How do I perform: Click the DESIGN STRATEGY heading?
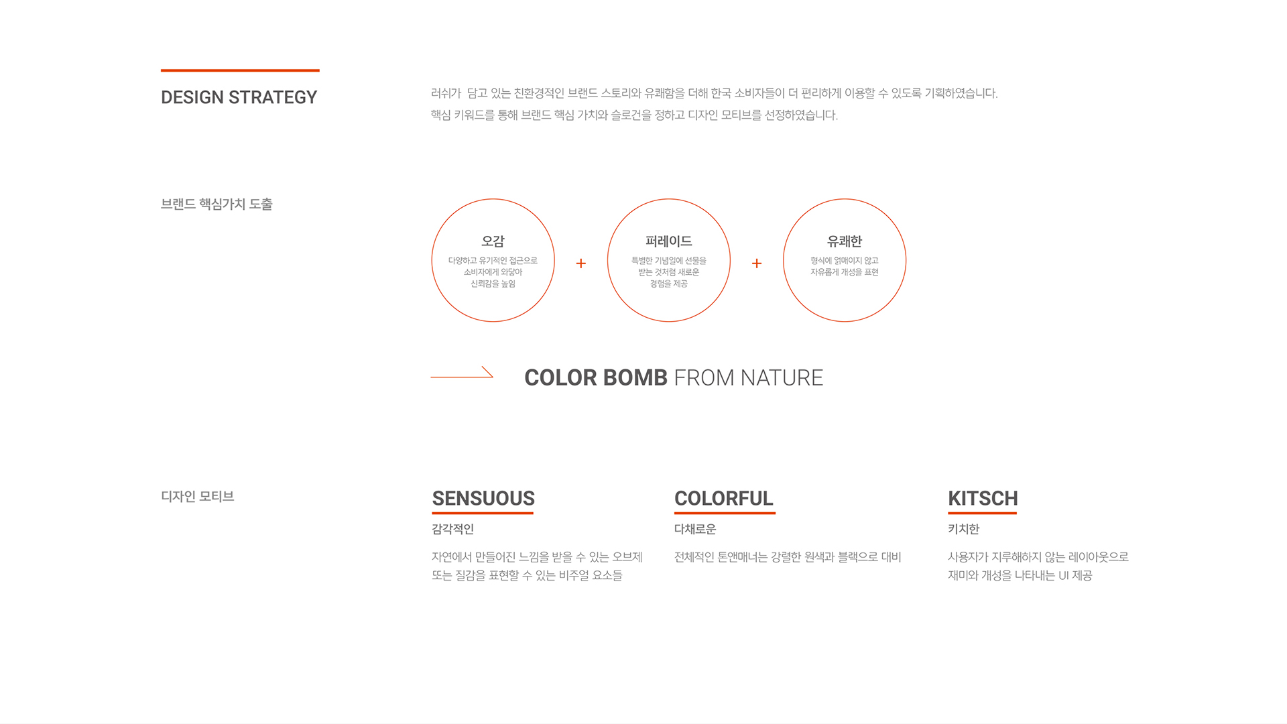pos(239,97)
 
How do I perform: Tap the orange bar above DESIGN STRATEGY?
pos(240,70)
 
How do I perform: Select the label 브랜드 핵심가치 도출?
pos(217,204)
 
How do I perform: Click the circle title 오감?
pos(493,241)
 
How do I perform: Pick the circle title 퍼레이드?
pos(668,241)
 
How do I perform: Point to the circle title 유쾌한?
pos(845,241)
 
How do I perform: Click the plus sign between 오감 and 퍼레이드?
pos(581,263)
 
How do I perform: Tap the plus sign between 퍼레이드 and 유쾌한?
pos(757,263)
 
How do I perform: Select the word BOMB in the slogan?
pos(635,377)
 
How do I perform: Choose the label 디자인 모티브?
pos(198,496)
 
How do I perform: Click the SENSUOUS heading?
pos(483,499)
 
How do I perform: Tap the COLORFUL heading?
pos(724,499)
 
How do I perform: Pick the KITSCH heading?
pos(983,499)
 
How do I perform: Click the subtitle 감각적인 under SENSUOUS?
pos(453,529)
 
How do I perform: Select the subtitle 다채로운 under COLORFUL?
pos(695,529)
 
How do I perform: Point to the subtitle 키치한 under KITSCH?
pos(964,529)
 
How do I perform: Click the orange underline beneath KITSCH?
pos(982,513)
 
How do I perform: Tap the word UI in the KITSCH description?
pos(1064,576)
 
